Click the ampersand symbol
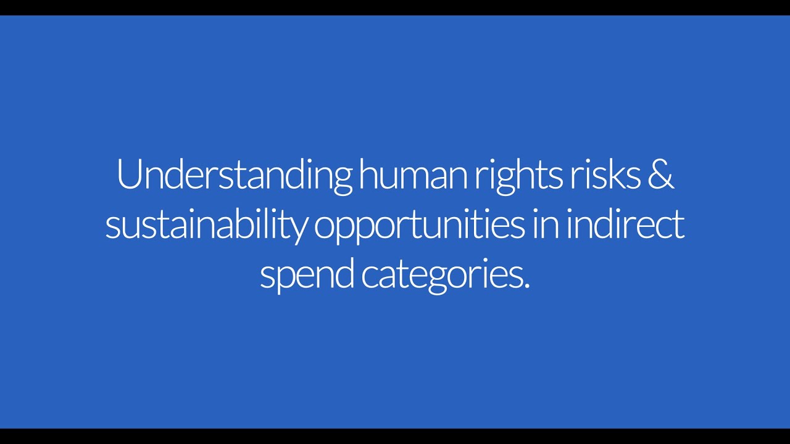(660, 176)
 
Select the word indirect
(625, 226)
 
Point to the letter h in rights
(530, 176)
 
